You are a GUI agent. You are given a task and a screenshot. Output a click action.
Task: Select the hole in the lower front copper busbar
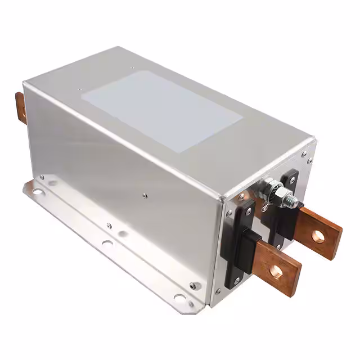[x=276, y=271]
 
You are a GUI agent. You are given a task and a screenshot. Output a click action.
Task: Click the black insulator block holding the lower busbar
[x=240, y=242]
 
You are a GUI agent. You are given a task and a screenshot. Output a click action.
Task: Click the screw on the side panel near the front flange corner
[x=193, y=286]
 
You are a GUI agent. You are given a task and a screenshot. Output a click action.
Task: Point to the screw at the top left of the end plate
[x=241, y=197]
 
